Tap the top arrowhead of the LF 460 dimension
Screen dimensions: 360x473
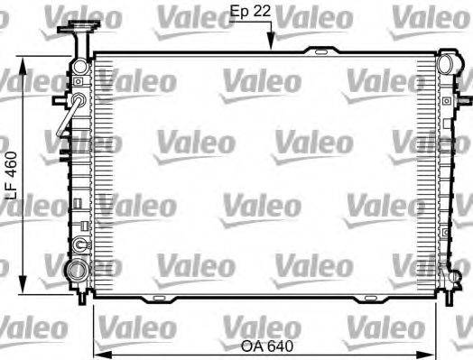[23, 59]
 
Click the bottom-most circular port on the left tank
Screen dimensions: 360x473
[79, 270]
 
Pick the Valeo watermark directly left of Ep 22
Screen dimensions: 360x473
[187, 15]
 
